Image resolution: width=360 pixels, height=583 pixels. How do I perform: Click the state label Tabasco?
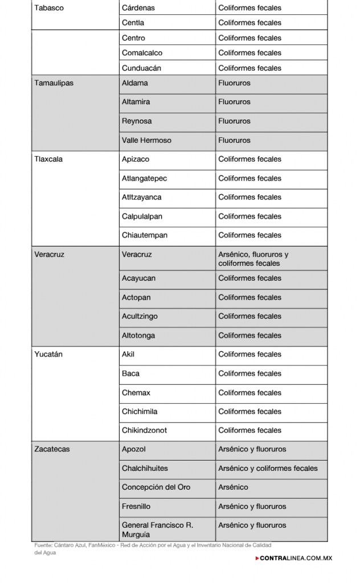49,8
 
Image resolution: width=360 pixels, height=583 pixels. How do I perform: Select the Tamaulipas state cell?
54,83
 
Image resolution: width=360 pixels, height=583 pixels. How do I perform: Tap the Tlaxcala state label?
48,159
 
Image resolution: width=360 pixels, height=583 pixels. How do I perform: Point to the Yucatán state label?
48,355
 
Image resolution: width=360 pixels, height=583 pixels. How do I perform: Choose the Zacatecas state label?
52,449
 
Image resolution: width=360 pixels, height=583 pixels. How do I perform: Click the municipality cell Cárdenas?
138,8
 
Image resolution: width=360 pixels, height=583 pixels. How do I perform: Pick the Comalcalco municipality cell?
142,53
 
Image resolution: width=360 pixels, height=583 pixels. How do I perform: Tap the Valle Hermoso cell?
146,140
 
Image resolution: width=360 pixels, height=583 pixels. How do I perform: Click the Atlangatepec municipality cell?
145,178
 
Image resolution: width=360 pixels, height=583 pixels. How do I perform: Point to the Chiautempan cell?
145,235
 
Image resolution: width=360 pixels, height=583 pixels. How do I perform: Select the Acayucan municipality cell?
138,278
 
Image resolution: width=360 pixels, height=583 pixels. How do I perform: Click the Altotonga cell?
138,335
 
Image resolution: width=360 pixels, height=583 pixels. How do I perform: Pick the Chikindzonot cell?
145,430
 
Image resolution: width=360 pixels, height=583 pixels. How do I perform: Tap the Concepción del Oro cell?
156,487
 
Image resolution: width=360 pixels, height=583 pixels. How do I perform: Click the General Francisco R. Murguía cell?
157,529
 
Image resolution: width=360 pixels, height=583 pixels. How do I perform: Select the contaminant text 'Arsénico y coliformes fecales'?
268,469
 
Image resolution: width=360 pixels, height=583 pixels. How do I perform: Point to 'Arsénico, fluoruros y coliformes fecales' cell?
253,259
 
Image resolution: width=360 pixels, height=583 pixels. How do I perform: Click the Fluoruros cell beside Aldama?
234,83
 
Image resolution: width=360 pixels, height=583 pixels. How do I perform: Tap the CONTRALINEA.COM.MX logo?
294,558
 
